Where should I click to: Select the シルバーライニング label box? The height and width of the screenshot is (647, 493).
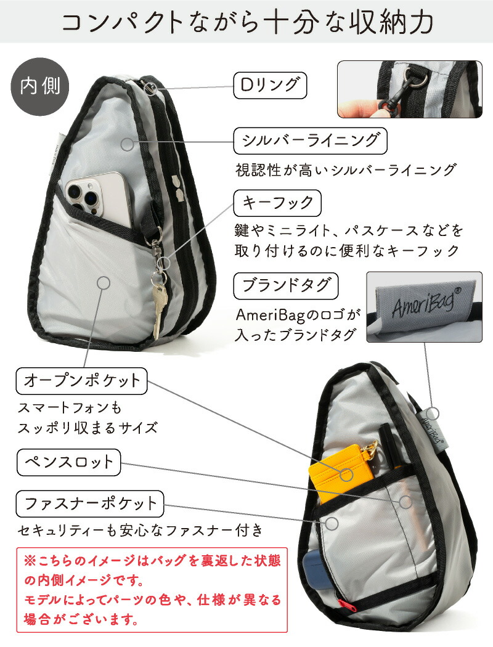(x=310, y=141)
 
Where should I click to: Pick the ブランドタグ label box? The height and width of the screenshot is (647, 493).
(x=287, y=286)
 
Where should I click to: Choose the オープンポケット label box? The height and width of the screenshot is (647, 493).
(x=82, y=381)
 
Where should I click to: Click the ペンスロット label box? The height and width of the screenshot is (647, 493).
(x=68, y=462)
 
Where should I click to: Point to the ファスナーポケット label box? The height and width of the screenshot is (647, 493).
(x=91, y=503)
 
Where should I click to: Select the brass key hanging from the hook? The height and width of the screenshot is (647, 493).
(x=159, y=308)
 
